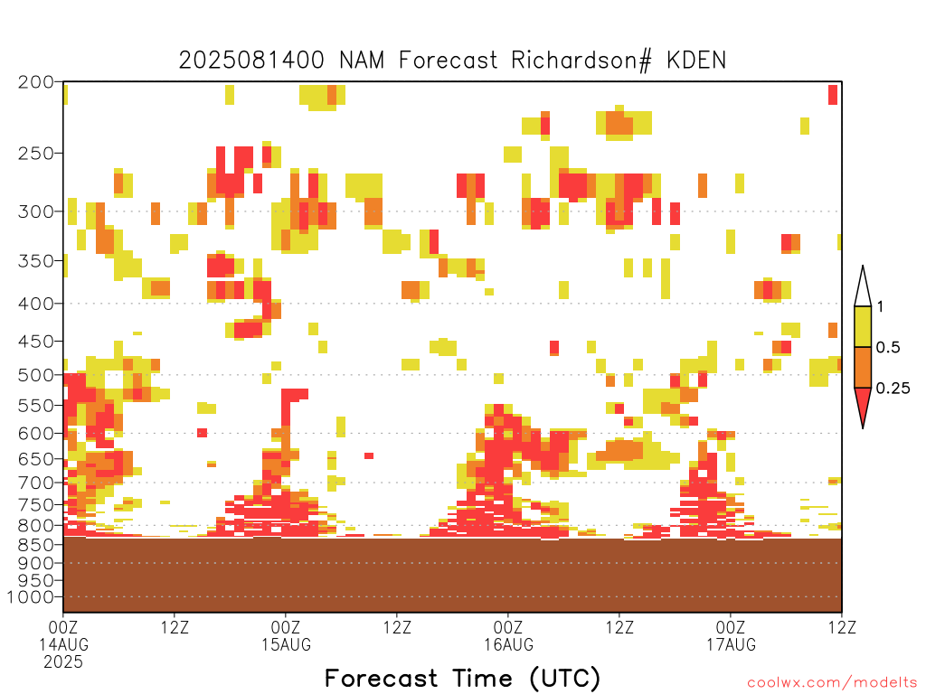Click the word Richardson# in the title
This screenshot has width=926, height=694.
click(581, 61)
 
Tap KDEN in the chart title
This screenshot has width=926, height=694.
click(696, 61)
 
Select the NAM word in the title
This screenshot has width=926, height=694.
click(362, 61)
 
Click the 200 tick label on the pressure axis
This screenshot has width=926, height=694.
click(36, 82)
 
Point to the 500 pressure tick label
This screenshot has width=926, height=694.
click(36, 375)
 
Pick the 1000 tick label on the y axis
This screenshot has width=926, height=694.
click(31, 597)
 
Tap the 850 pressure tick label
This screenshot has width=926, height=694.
click(36, 545)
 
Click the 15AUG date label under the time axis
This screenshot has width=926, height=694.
click(286, 644)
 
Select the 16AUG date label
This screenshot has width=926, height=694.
click(508, 644)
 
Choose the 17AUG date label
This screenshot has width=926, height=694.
click(731, 644)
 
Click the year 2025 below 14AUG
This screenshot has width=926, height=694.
click(63, 661)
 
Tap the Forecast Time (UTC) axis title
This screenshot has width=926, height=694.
click(462, 679)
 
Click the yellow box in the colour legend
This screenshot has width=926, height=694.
click(863, 326)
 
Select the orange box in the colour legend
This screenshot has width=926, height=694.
click(863, 367)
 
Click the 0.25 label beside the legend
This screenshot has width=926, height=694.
click(893, 389)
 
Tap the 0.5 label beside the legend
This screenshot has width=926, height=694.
click(888, 348)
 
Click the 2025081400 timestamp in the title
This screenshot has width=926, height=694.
click(251, 61)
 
